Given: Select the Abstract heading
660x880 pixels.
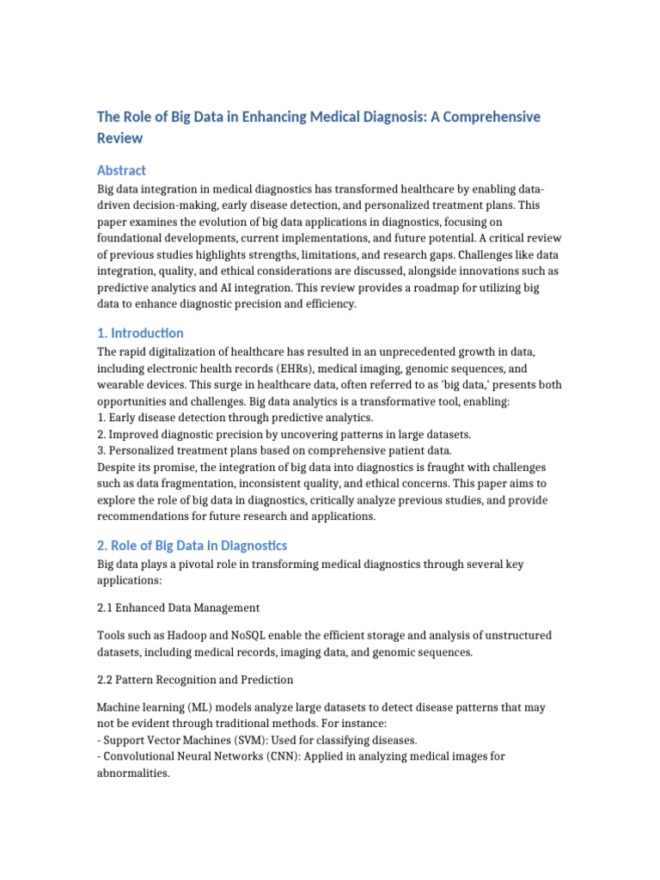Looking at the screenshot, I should tap(121, 170).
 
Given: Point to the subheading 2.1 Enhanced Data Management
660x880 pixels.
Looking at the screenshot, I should tap(178, 608).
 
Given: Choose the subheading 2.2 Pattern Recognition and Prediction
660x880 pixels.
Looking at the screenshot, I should tap(195, 680).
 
